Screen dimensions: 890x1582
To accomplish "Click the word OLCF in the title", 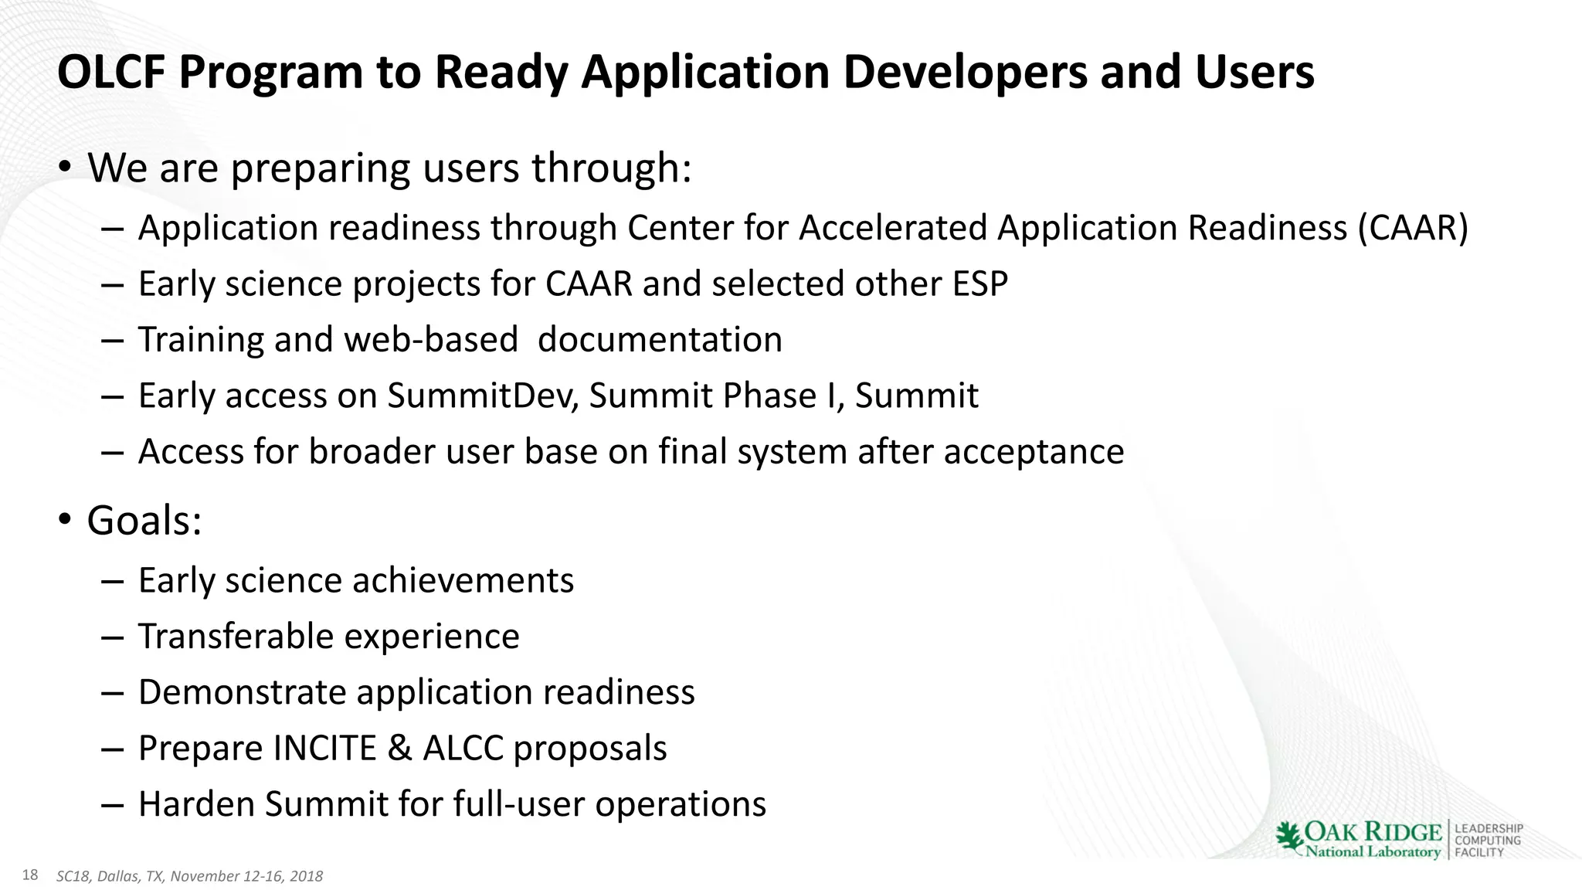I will click(111, 73).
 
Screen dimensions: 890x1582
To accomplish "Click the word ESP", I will click(979, 284).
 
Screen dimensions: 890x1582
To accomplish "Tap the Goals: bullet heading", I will click(144, 520).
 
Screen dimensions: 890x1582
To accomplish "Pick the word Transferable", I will click(235, 637).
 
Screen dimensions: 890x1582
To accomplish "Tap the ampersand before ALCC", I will click(399, 748).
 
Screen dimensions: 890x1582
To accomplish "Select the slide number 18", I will click(30, 875).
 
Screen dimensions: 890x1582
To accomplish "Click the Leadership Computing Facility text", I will click(1488, 841).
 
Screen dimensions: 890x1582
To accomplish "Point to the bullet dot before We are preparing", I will click(66, 167).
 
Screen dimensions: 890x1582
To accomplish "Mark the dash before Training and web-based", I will click(112, 341).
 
